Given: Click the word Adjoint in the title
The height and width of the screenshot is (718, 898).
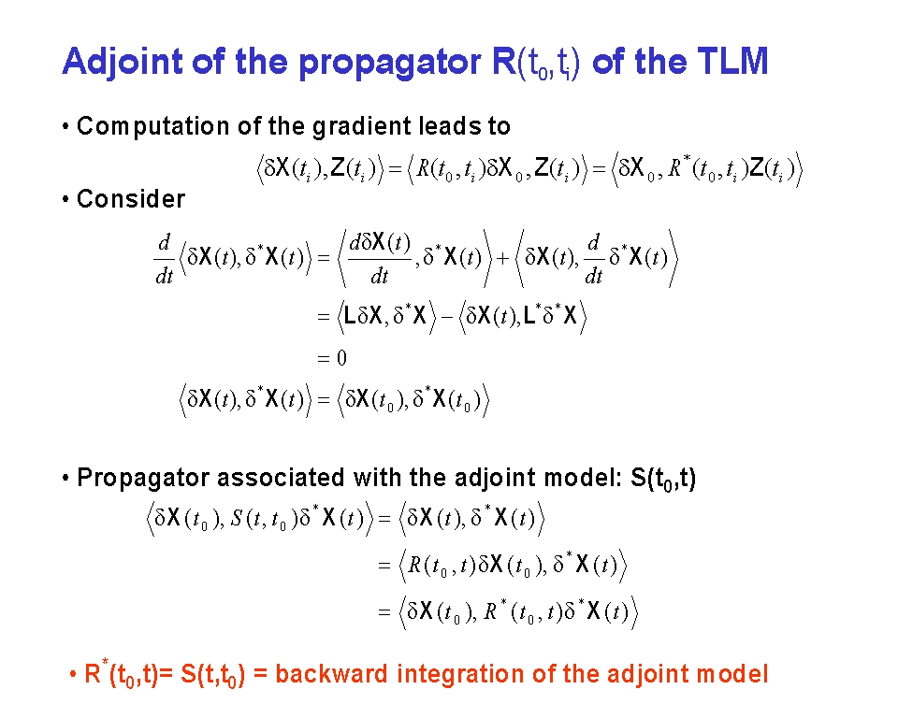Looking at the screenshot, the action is tap(123, 62).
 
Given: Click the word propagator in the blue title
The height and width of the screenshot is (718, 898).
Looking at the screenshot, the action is tap(389, 63).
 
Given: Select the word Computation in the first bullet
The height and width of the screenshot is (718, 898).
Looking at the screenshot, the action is tap(153, 126).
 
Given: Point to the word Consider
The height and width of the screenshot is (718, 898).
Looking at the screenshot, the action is tap(131, 199).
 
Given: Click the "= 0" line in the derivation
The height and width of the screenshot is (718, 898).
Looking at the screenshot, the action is tap(332, 358).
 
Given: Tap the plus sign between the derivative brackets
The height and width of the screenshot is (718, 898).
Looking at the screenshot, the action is tap(502, 259).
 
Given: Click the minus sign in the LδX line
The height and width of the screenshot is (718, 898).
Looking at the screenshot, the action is tap(447, 316).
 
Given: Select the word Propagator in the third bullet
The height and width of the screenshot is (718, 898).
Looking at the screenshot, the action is tap(143, 478).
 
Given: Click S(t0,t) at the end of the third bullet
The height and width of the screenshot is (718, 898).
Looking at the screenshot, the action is tap(663, 479).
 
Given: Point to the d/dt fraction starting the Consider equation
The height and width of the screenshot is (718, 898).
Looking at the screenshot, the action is tap(165, 259).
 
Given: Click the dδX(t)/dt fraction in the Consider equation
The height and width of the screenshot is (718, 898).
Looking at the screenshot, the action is tap(380, 259).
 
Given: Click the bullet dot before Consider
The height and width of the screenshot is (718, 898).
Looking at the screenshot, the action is tap(65, 199).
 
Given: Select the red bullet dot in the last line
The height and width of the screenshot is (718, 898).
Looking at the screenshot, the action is tap(73, 674).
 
